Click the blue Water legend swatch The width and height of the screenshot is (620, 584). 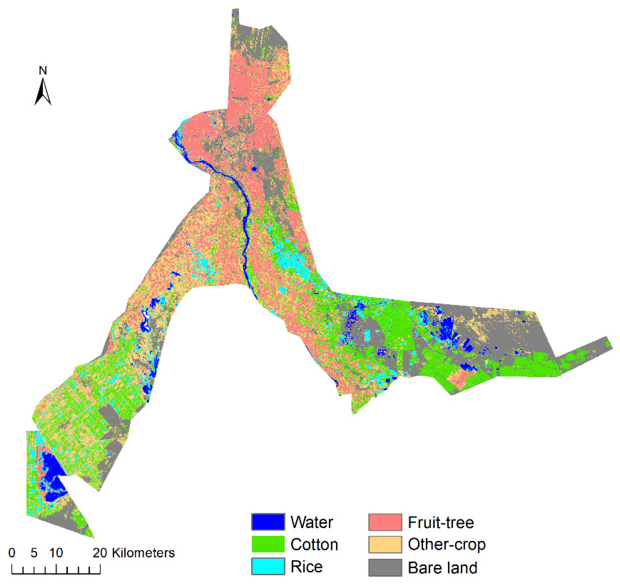click(x=268, y=522)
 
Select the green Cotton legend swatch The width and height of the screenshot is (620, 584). click(x=268, y=544)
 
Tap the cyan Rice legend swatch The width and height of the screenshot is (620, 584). click(x=268, y=567)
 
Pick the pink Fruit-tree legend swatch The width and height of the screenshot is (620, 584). click(x=385, y=522)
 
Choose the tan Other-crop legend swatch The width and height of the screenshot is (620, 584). click(x=385, y=544)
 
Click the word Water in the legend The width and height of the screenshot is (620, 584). click(x=311, y=522)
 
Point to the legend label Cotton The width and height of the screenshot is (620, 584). click(x=314, y=545)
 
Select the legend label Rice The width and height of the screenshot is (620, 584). click(x=306, y=567)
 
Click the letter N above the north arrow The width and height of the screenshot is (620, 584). click(x=43, y=71)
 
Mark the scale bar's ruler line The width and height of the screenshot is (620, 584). click(x=56, y=573)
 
